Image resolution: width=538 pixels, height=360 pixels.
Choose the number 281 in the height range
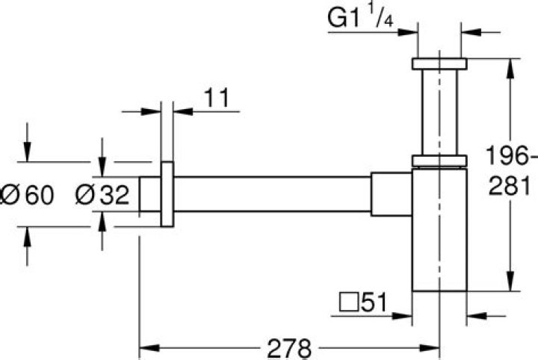509,185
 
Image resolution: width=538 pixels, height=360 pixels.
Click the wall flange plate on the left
167,194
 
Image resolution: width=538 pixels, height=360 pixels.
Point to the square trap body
439,232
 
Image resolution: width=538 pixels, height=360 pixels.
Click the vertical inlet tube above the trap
439,112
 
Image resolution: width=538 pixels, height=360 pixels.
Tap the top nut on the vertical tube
439,63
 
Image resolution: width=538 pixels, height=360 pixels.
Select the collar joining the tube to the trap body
439,160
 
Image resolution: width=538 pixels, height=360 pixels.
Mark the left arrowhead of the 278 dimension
146,347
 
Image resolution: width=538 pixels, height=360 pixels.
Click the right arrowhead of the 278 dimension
433,347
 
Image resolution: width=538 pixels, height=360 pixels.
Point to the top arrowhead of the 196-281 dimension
512,64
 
